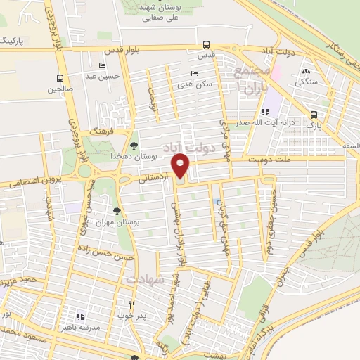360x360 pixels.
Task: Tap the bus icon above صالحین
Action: tap(60, 79)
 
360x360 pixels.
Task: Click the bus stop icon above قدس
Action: tap(205, 45)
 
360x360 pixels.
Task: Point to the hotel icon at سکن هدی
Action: tap(195, 73)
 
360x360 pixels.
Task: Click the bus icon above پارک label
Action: tap(314, 115)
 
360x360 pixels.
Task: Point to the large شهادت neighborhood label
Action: tap(145, 280)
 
